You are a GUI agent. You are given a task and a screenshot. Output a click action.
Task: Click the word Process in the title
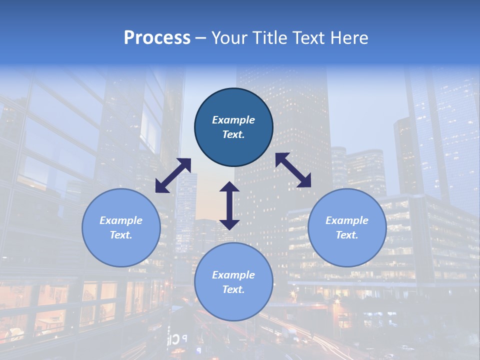157,38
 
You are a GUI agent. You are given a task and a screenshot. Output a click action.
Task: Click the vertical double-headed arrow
229,205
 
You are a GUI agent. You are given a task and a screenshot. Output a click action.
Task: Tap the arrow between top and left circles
173,175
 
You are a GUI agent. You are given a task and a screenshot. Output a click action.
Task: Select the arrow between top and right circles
293,170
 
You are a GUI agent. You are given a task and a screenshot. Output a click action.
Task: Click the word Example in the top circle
233,120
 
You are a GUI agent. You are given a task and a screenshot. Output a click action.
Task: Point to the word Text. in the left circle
121,235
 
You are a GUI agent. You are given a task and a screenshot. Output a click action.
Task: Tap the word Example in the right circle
347,220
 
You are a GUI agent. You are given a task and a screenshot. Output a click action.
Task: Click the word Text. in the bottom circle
233,289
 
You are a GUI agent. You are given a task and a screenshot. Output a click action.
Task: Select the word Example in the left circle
121,220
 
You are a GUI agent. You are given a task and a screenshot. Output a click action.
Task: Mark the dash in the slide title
201,38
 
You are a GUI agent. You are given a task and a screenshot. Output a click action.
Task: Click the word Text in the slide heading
306,38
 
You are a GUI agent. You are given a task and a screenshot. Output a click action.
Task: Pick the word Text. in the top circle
233,134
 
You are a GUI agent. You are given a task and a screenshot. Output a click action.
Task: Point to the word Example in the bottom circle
233,275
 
